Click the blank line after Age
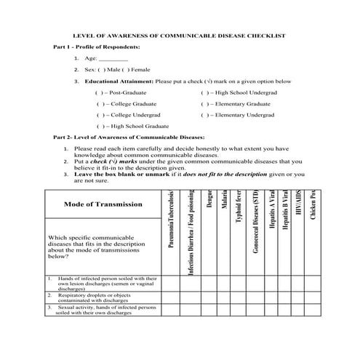(113, 57)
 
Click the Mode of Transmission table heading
(103, 204)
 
